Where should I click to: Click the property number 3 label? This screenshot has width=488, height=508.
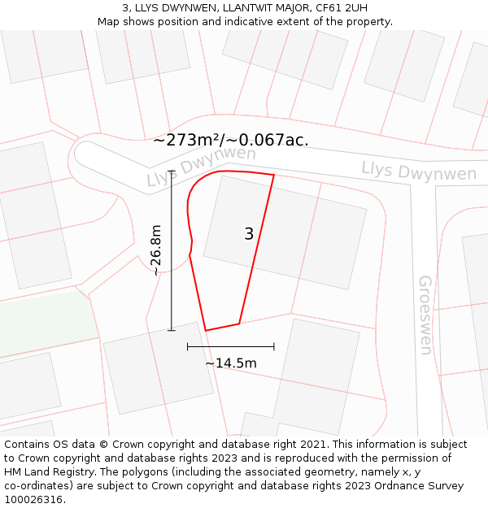[249, 234]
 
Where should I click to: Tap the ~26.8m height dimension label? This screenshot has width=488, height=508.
[156, 250]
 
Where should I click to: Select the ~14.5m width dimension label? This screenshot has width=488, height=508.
[230, 363]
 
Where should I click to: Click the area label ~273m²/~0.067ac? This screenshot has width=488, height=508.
[231, 140]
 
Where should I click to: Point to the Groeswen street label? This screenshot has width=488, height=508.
[425, 315]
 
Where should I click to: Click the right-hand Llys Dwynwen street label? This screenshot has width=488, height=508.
[419, 172]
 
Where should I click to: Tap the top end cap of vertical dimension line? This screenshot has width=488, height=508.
[171, 170]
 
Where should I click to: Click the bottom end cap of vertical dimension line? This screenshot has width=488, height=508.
[171, 330]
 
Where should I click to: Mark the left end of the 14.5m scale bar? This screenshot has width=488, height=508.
[188, 346]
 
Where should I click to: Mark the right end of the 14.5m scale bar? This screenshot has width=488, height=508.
[274, 346]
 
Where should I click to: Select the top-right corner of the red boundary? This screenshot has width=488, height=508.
[274, 175]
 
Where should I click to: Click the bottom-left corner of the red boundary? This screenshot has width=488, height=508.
[206, 330]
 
